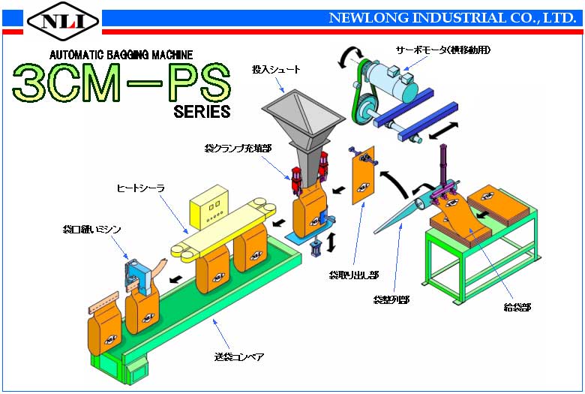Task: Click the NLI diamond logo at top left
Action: click(x=63, y=20)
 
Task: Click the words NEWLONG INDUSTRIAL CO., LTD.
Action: click(x=452, y=18)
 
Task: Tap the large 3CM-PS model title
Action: click(x=121, y=83)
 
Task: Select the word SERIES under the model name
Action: click(x=202, y=112)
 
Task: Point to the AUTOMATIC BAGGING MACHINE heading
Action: click(x=121, y=55)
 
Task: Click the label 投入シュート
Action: click(x=276, y=70)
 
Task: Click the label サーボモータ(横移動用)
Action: click(x=443, y=50)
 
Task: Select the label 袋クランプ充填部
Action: click(x=238, y=149)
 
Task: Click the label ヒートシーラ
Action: click(x=141, y=188)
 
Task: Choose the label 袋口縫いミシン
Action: click(x=91, y=230)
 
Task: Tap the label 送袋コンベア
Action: click(x=239, y=356)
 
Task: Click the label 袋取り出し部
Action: click(x=354, y=275)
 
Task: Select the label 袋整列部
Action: click(x=391, y=299)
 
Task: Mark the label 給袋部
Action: click(x=517, y=308)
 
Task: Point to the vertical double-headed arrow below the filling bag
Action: click(x=331, y=242)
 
